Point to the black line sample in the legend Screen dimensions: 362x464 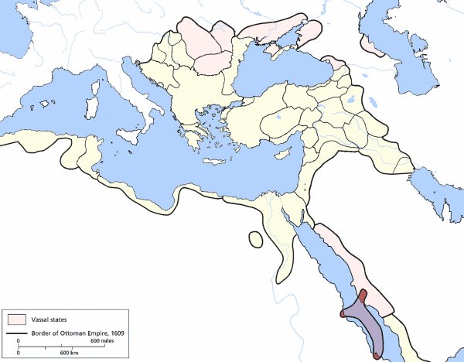pyautogui.click(x=18, y=334)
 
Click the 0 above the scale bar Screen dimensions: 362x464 pyautogui.click(x=19, y=341)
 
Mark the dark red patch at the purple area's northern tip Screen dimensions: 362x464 pyautogui.click(x=363, y=296)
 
